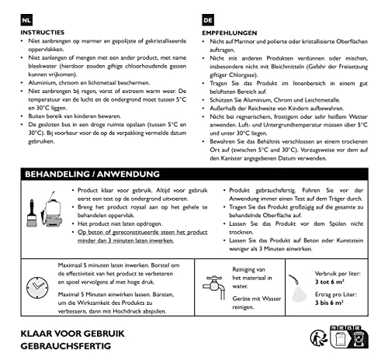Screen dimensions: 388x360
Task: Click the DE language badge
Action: coord(207,18)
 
